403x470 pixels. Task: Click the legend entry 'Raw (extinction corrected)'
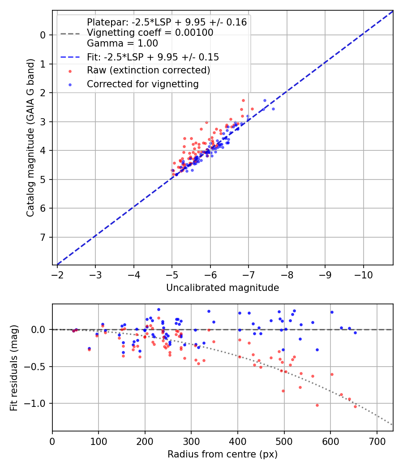point(148,70)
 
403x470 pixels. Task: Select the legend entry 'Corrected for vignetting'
point(142,84)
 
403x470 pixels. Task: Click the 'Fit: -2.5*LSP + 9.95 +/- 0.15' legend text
point(153,57)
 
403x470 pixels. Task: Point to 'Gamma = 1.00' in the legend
point(122,43)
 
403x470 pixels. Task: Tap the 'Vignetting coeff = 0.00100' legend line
point(150,33)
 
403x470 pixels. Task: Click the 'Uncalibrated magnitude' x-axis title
point(223,288)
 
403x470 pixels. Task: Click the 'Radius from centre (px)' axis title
point(223,454)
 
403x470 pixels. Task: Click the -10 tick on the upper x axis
point(363,273)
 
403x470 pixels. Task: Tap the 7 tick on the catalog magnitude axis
point(43,237)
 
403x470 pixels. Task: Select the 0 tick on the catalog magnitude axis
point(43,35)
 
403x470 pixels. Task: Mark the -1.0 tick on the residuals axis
point(37,404)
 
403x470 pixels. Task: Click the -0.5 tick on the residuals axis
point(37,367)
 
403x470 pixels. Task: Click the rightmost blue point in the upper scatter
point(273,109)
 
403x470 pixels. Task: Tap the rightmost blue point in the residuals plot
point(355,333)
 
